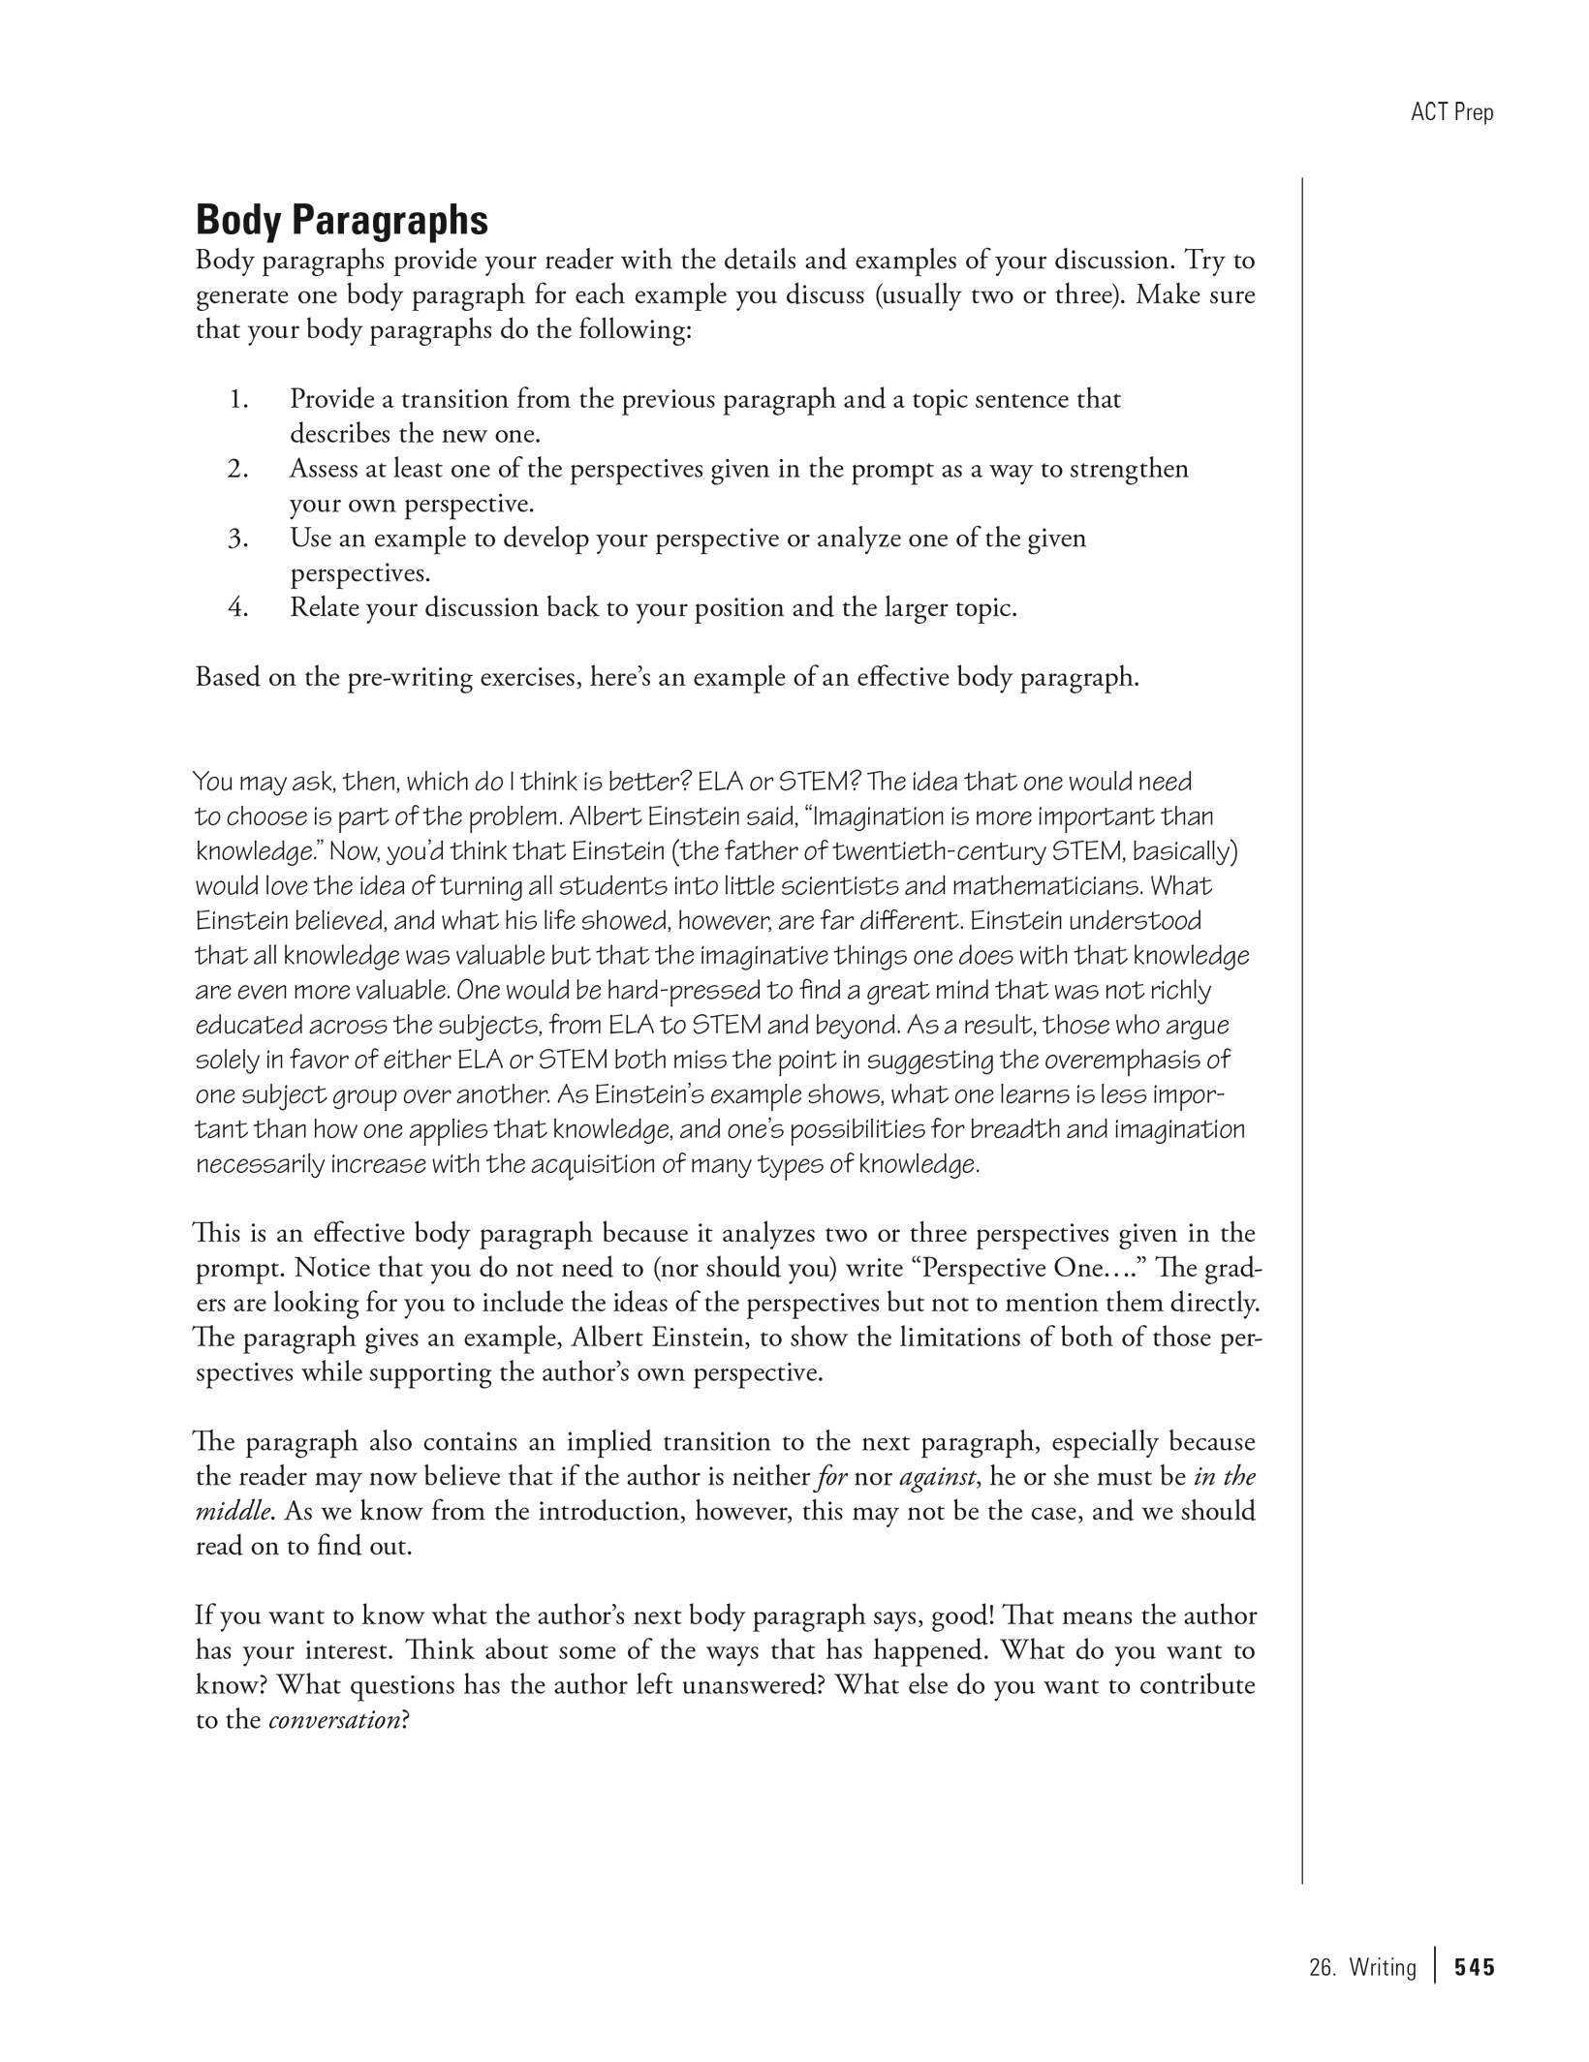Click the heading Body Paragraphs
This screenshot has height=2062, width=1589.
pos(341,221)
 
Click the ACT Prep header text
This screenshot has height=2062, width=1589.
pos(1451,112)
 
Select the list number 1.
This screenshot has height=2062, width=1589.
pos(238,399)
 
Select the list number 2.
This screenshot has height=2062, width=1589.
pos(238,469)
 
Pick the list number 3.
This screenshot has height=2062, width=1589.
pos(238,539)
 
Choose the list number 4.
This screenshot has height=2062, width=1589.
pos(238,608)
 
